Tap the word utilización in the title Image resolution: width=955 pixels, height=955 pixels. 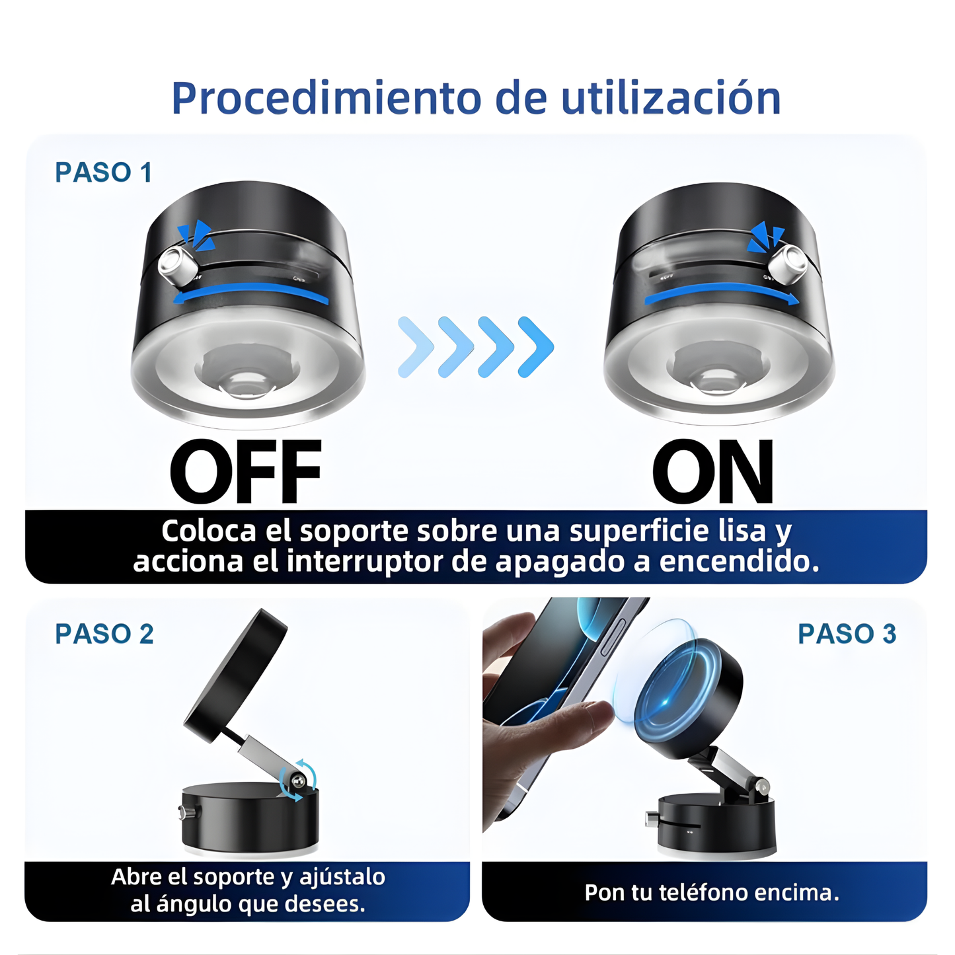pos(671,98)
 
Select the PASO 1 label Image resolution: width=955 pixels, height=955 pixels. pos(104,172)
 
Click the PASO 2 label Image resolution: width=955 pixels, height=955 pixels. pos(104,634)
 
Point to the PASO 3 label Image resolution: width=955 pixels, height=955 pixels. pos(847,634)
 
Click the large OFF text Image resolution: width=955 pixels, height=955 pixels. pos(245,472)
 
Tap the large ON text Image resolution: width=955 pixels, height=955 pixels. pos(712,472)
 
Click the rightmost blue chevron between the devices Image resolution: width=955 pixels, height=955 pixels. pos(537,347)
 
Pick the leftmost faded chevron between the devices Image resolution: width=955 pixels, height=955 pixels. pos(415,347)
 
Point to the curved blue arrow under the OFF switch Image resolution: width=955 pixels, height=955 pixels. pos(251,293)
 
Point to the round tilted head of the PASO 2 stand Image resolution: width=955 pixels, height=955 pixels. pos(236,674)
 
